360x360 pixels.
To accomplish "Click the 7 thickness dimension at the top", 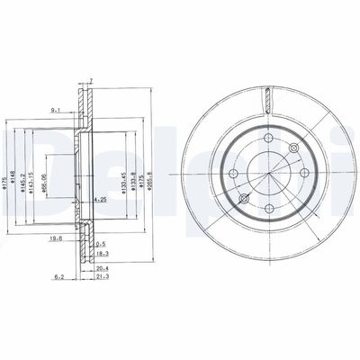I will click(x=91, y=81).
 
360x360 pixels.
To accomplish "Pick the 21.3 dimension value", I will click(x=103, y=278).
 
